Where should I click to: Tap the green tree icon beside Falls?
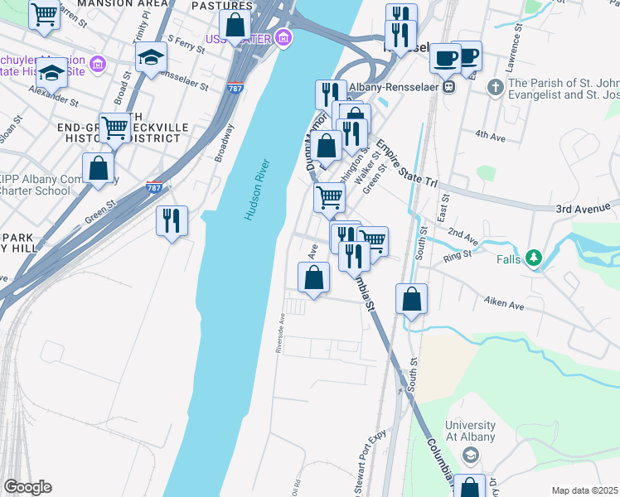coord(535,258)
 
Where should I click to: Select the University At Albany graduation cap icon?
coord(471,455)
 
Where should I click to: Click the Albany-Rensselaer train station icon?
coord(448,85)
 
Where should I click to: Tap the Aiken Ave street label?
coord(506,305)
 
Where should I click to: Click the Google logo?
coord(27,487)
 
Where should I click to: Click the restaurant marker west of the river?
coord(172,221)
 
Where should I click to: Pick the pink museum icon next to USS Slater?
coord(284,38)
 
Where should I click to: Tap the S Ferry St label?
coord(186,43)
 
